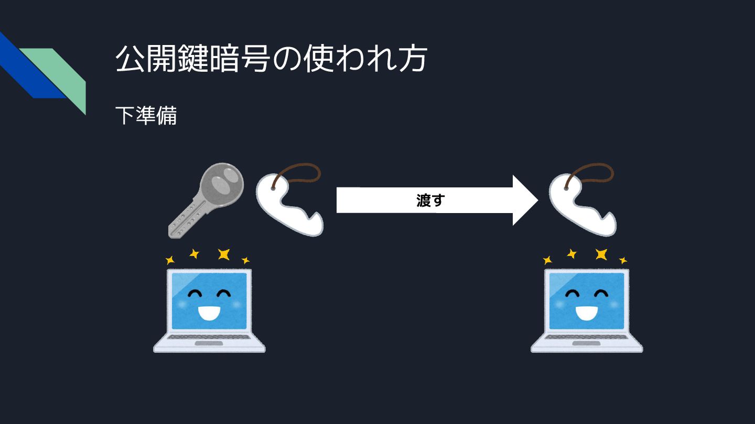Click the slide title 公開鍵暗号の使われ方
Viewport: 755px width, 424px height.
point(270,59)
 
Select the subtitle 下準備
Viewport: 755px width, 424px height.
point(146,116)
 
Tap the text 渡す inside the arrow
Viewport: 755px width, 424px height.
point(430,200)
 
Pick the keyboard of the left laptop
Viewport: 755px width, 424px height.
point(209,337)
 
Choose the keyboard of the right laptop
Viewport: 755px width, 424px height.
point(587,337)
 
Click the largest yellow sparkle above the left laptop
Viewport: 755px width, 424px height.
point(224,254)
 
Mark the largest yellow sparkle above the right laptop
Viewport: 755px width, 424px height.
point(601,254)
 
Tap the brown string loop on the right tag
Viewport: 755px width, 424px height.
point(595,173)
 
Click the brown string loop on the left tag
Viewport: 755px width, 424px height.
point(301,173)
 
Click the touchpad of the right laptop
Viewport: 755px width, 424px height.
point(587,344)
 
